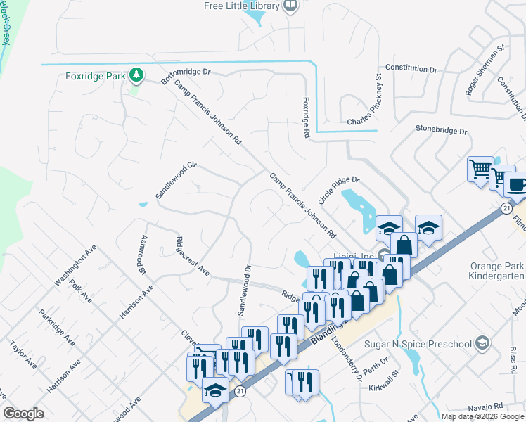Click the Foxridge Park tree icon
click(x=136, y=74)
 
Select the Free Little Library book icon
click(x=290, y=6)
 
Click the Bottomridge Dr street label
click(x=186, y=77)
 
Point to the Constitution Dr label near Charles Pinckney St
click(x=411, y=69)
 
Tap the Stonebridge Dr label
click(x=441, y=130)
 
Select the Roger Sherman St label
click(x=485, y=70)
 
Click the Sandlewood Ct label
click(x=175, y=181)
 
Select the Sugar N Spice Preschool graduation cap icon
click(x=482, y=343)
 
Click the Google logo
click(x=24, y=414)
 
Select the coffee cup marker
click(x=515, y=185)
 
